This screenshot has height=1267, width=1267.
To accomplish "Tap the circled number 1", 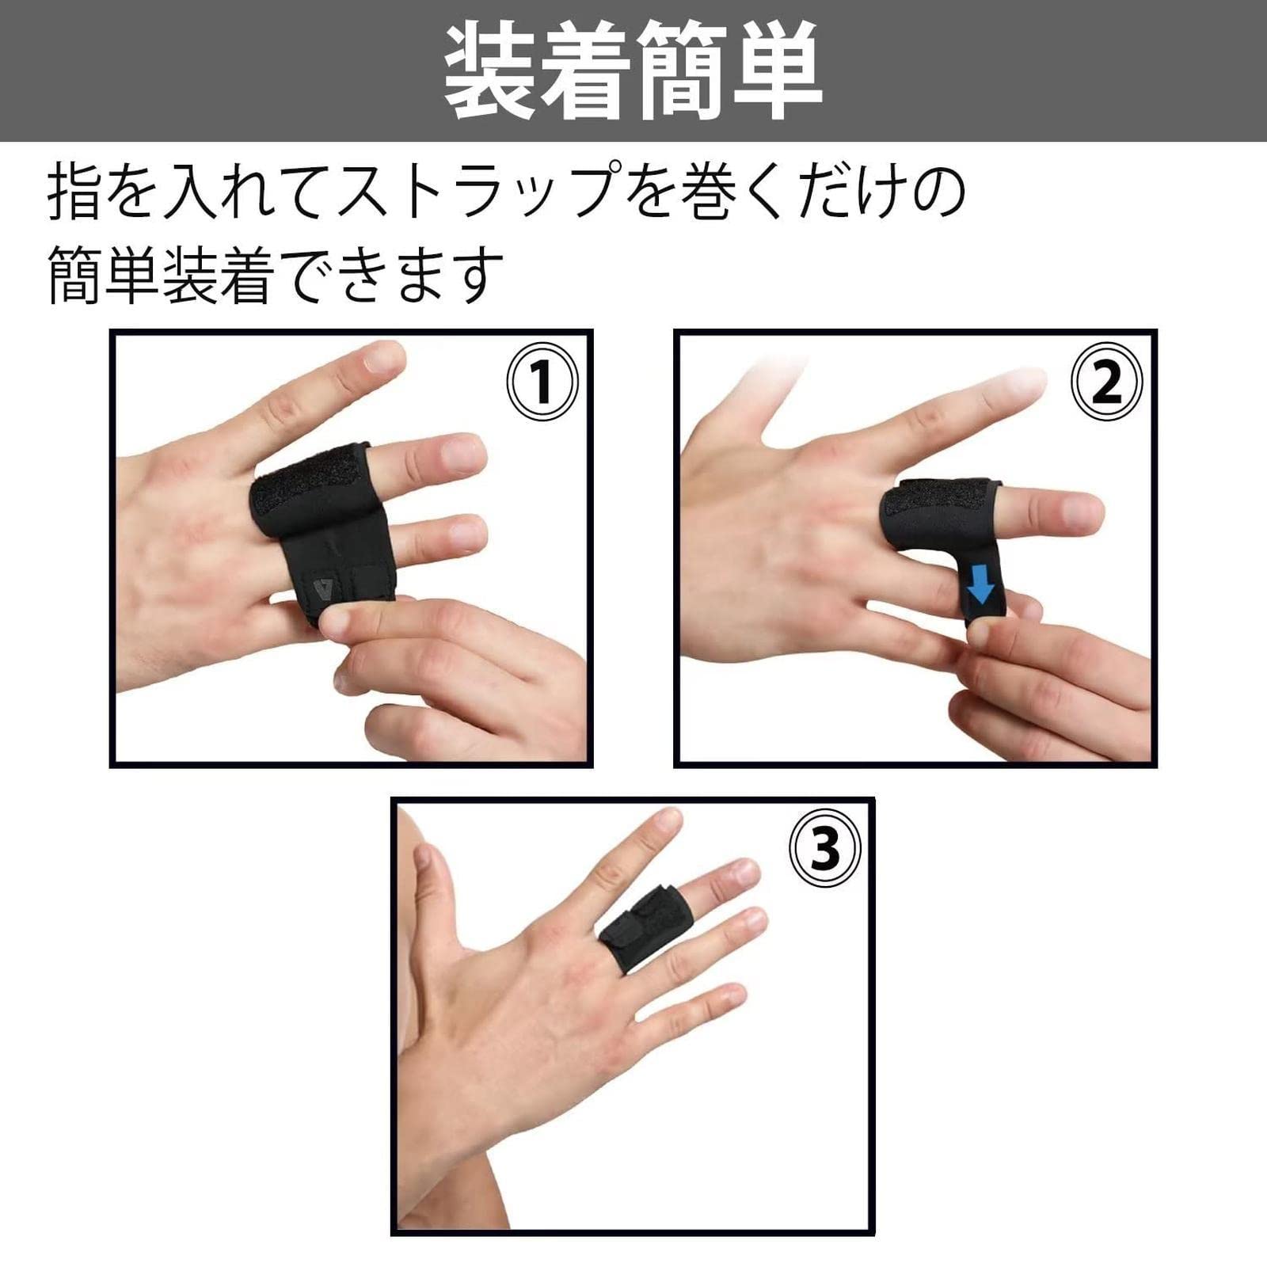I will coord(542,382).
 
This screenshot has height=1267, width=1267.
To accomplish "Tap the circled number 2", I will coord(1106,382).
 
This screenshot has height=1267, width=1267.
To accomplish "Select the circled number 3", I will coord(824,848).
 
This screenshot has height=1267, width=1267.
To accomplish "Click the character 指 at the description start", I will coord(75,192).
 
